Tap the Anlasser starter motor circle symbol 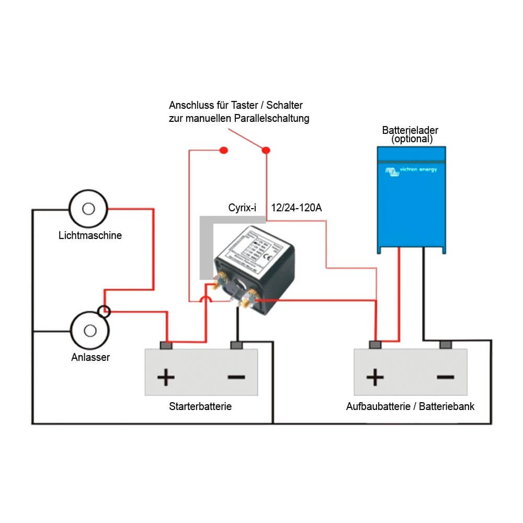click(90, 331)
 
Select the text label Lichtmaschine click(90, 235)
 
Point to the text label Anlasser click(90, 358)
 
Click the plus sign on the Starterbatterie click(166, 377)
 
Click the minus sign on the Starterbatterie click(236, 377)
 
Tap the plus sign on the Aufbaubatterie click(375, 377)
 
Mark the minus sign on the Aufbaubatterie click(445, 377)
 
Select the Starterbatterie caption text click(200, 406)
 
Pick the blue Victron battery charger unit click(412, 199)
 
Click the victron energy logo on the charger click(411, 170)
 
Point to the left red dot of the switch click(223, 151)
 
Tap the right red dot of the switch click(266, 151)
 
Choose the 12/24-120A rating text click(296, 208)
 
